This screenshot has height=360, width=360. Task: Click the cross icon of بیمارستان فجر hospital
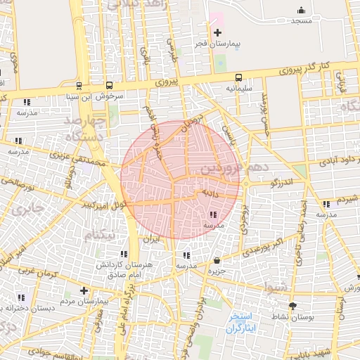point(217,32)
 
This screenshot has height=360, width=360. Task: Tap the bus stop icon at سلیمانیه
point(238,78)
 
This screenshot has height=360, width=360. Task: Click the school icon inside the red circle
point(212,214)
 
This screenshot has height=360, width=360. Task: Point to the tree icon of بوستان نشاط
point(292,306)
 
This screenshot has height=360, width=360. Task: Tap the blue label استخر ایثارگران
point(243,323)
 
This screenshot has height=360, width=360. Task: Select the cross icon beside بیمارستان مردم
point(84,290)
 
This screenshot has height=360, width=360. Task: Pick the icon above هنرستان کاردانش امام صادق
point(124,254)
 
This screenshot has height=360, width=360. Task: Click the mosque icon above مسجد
point(301,10)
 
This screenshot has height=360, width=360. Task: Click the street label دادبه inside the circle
point(212,191)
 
